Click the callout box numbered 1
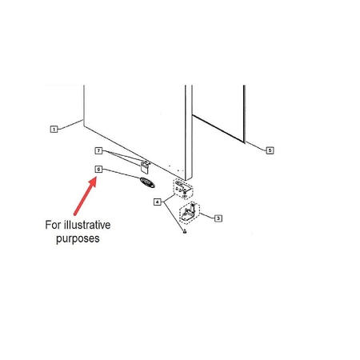point(54,130)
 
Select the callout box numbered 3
point(218,218)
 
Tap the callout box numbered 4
point(158,202)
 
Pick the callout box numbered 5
point(270,150)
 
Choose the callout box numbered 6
point(98,169)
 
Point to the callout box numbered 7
point(98,150)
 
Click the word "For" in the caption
point(53,225)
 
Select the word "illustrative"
point(87,225)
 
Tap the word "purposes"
point(78,238)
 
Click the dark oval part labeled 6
point(147,182)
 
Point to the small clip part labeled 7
point(145,167)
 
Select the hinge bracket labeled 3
point(190,212)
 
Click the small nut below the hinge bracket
point(184,231)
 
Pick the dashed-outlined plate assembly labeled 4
point(183,189)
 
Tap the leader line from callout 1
point(70,125)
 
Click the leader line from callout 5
point(255,146)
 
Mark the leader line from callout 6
point(122,174)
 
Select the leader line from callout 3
point(207,216)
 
